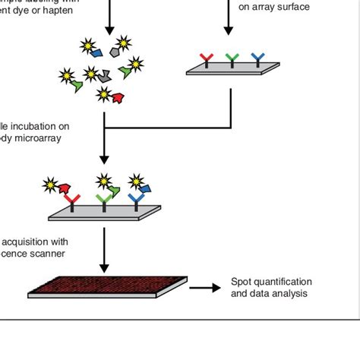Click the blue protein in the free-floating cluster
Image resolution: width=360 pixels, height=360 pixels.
click(x=96, y=52)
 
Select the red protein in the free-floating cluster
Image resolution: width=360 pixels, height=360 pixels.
click(x=118, y=96)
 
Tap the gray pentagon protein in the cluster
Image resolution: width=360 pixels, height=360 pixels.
click(x=116, y=51)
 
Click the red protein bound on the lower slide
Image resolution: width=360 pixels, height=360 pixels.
click(x=63, y=188)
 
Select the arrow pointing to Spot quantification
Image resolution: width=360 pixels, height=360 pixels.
click(x=201, y=288)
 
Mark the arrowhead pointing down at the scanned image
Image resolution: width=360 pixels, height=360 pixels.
click(x=105, y=268)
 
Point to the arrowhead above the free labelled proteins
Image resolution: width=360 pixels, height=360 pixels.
click(x=109, y=30)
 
